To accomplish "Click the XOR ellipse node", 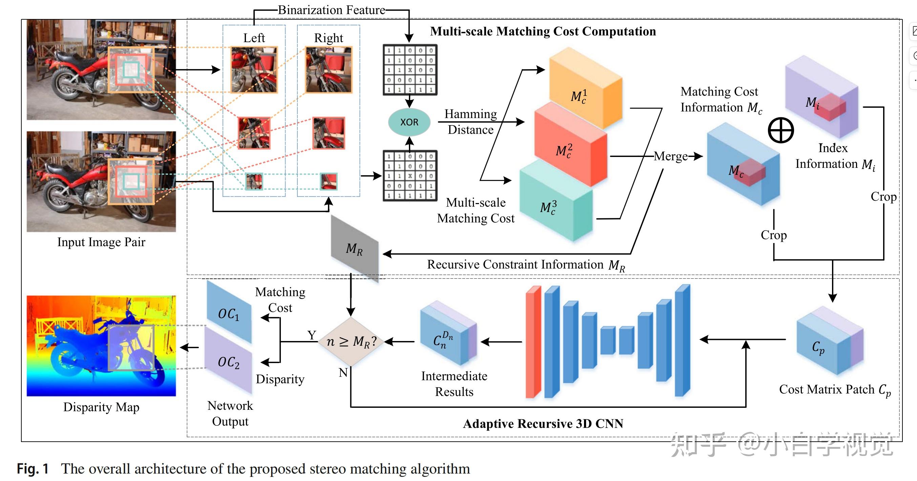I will pyautogui.click(x=409, y=122).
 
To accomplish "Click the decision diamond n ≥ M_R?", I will pyautogui.click(x=351, y=342).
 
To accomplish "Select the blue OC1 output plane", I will pyautogui.click(x=229, y=314).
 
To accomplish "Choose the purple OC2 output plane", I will pyautogui.click(x=229, y=362).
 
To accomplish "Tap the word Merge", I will pyautogui.click(x=671, y=156).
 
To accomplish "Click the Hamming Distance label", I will pyautogui.click(x=471, y=121).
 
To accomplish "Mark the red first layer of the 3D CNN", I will pyautogui.click(x=533, y=342).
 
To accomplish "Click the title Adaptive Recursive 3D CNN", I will pyautogui.click(x=543, y=423).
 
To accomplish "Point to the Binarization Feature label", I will pyautogui.click(x=331, y=10).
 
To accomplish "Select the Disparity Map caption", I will pyautogui.click(x=101, y=407).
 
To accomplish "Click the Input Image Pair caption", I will pyautogui.click(x=101, y=242).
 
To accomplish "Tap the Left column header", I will pyautogui.click(x=254, y=38).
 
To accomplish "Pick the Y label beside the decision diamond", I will pyautogui.click(x=312, y=335).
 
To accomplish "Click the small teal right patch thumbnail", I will pyautogui.click(x=328, y=181).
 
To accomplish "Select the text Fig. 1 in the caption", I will pyautogui.click(x=33, y=469).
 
